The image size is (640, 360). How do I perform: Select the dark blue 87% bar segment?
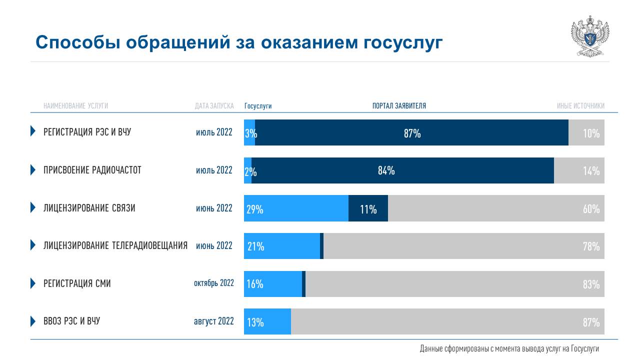pos(411,132)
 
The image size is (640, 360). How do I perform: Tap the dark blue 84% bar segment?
pos(402,170)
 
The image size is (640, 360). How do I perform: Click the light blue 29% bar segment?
pos(296,208)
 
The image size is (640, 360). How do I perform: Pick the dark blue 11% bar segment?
pos(368,208)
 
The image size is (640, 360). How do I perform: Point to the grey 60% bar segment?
pos(496,208)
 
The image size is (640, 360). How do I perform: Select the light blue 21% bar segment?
pos(282,246)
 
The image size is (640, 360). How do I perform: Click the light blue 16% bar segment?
pos(273,284)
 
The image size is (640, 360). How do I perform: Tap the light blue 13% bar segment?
pos(267,321)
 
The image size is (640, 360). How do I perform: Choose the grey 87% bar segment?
pos(447,321)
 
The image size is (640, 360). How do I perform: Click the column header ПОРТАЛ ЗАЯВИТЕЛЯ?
pos(399,106)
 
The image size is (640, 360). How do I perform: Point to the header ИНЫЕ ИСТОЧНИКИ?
pos(580,106)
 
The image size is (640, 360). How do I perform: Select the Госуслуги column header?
pos(258,106)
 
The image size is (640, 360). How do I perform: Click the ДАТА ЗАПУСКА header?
pos(214,106)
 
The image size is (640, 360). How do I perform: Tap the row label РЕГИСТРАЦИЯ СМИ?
pos(77,283)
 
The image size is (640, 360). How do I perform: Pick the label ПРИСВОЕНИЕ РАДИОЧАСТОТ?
pos(92,170)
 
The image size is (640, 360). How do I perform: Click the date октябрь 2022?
pos(214,283)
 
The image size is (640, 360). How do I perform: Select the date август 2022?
pos(214,321)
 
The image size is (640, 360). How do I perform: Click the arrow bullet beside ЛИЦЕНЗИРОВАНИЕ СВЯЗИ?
pos(33,207)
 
